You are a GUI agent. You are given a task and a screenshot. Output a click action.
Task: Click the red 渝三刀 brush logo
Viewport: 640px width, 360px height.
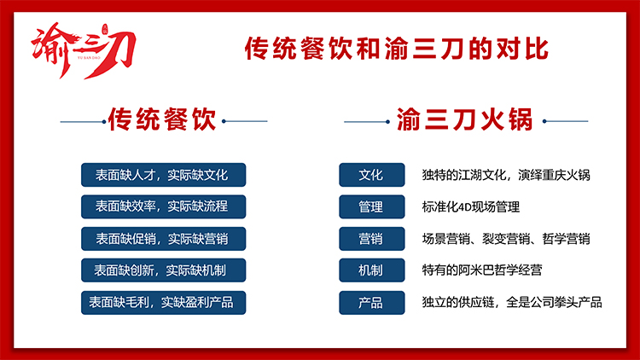tap(84, 50)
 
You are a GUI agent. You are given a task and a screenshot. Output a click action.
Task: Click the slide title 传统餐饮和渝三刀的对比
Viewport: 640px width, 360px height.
tap(396, 49)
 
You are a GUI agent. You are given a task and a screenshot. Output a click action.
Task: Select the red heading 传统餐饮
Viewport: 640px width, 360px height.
tap(162, 119)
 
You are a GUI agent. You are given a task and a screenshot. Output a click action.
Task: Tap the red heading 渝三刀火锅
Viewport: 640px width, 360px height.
tap(464, 119)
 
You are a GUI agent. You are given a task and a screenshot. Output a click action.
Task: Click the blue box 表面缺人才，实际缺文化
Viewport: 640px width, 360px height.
tap(163, 175)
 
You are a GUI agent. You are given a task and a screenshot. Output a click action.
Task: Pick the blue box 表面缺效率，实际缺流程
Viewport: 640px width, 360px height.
tap(163, 206)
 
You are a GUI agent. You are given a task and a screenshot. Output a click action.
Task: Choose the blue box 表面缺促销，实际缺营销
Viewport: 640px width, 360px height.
tap(163, 239)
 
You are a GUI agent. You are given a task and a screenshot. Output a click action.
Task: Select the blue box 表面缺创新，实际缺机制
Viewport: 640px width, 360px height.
tap(163, 270)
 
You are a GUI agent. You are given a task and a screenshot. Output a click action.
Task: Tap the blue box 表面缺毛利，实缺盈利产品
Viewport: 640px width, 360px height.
tap(163, 303)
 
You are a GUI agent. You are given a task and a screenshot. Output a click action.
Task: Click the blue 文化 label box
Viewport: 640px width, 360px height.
tap(372, 175)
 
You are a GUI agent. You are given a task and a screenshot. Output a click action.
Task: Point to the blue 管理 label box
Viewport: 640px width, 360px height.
tap(372, 206)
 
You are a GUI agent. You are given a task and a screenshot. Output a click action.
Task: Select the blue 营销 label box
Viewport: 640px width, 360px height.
tap(372, 239)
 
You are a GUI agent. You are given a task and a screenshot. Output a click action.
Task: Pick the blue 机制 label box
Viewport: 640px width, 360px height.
tap(372, 270)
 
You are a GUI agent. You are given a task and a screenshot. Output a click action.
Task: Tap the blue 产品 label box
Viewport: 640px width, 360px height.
tap(372, 303)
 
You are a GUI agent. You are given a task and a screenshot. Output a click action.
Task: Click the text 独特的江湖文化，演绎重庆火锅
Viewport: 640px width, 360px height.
tap(506, 175)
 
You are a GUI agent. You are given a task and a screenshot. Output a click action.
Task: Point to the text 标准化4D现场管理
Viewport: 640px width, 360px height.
tap(470, 207)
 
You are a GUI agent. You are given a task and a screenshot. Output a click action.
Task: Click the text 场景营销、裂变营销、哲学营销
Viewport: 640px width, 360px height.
tap(506, 239)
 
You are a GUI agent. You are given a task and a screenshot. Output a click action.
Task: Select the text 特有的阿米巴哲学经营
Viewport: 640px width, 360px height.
tap(482, 270)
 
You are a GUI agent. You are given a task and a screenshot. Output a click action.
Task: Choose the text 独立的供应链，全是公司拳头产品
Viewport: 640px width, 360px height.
tap(512, 303)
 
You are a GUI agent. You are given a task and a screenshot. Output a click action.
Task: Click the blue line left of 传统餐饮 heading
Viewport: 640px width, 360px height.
tap(83, 122)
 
